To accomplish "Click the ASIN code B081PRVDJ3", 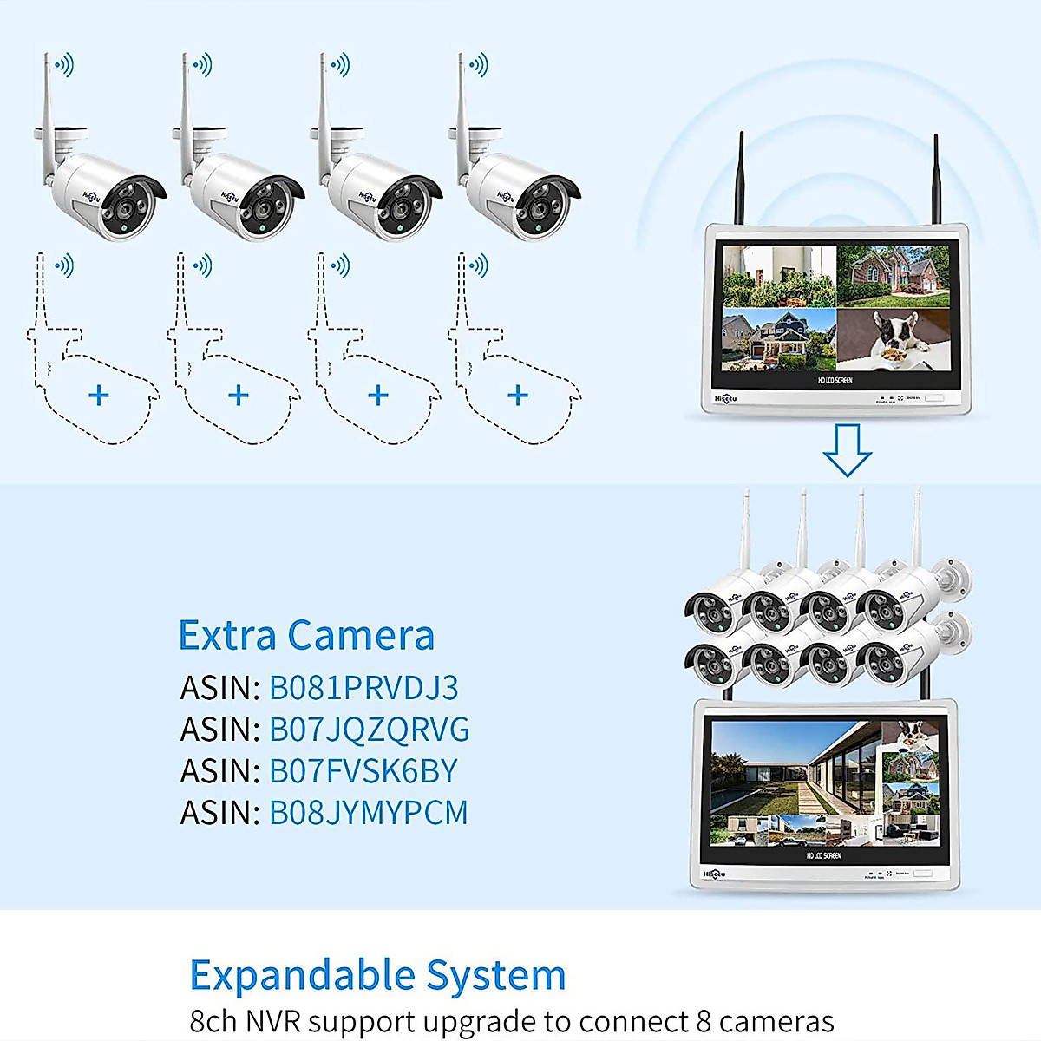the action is pyautogui.click(x=363, y=688).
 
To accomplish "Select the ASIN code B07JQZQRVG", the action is pyautogui.click(x=369, y=730).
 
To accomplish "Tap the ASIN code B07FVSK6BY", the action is pyautogui.click(x=363, y=771).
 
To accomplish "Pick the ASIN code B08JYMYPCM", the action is pyautogui.click(x=368, y=813).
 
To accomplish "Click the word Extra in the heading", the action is pyautogui.click(x=227, y=635).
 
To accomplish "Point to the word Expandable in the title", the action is pyautogui.click(x=300, y=976).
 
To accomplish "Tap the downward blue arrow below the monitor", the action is pyautogui.click(x=847, y=449).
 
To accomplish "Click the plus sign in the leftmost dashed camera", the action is pyautogui.click(x=99, y=396).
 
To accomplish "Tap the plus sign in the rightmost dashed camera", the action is pyautogui.click(x=518, y=396).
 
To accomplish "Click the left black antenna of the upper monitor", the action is pyautogui.click(x=741, y=179).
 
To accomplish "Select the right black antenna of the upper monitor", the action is pyautogui.click(x=936, y=179).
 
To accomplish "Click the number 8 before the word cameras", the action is pyautogui.click(x=705, y=1021).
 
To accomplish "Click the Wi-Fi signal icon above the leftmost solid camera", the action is pyautogui.click(x=64, y=64).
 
